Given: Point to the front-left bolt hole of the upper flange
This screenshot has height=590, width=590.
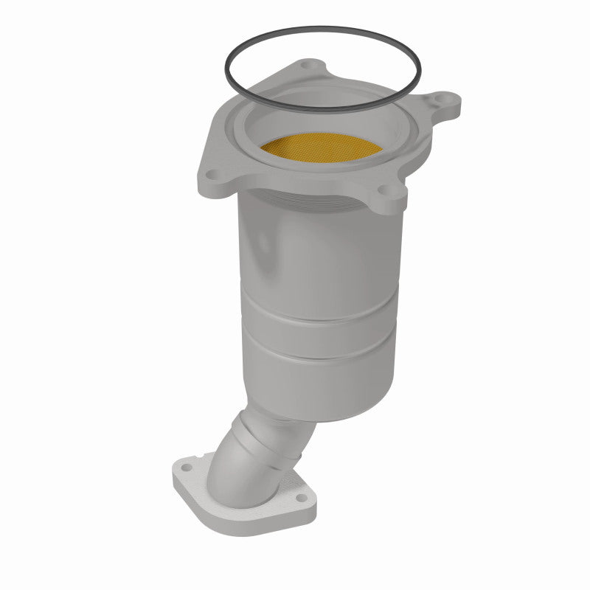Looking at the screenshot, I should coord(212,175).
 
